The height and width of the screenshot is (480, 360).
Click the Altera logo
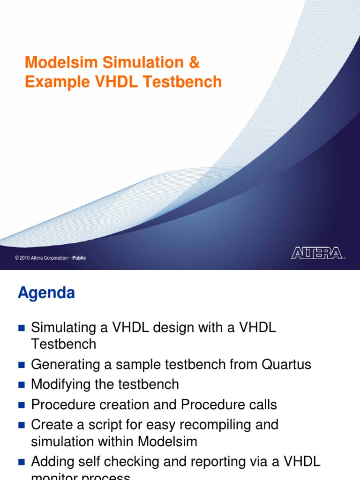[x=316, y=254]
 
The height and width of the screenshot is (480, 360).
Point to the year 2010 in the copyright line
[x=24, y=258]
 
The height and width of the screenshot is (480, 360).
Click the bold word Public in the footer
[x=79, y=258]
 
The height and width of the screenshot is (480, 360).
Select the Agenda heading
[x=46, y=293]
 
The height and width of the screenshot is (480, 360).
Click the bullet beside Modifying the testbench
[x=21, y=385]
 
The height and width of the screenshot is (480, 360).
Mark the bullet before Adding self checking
[x=21, y=462]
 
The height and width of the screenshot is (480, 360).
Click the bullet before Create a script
[x=21, y=425]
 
